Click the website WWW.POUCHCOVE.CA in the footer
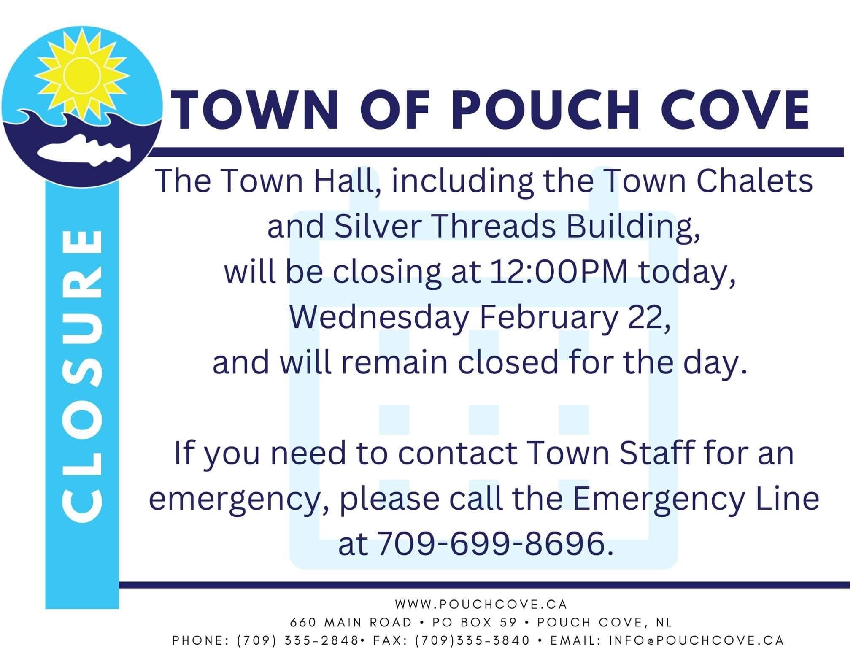tap(481, 605)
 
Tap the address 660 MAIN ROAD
tap(351, 622)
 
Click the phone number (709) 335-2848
tap(298, 640)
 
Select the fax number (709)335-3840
tap(472, 640)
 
